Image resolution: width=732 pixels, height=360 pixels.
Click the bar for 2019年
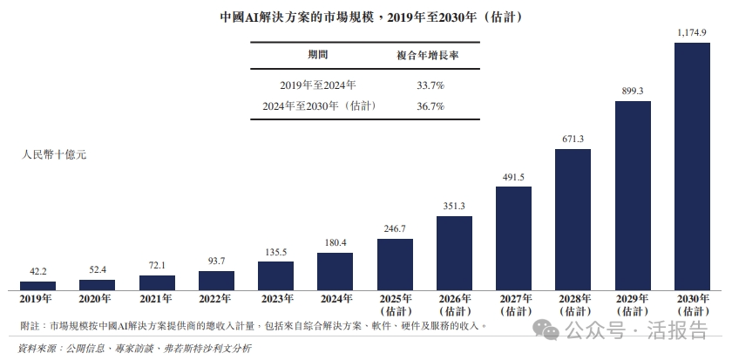coord(37,285)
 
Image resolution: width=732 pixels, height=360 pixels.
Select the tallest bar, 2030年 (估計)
coord(693,166)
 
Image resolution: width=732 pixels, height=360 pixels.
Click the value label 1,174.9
coord(692,32)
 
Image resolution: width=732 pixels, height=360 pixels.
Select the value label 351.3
coord(454,206)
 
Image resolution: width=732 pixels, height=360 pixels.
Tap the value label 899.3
coord(633,91)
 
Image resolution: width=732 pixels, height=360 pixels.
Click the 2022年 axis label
coord(216,299)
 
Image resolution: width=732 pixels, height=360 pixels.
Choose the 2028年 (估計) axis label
coord(573,304)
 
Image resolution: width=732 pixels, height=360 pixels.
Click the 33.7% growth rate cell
coord(430,85)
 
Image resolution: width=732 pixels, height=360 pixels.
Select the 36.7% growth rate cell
coord(430,106)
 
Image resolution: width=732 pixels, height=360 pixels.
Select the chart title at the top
coord(365,17)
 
